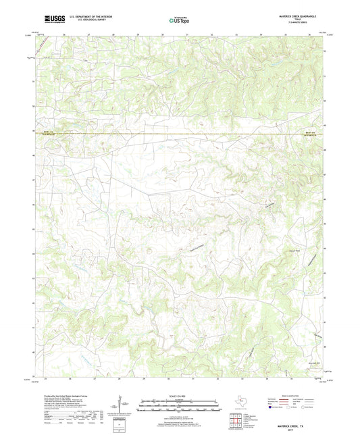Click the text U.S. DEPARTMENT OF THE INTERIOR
click(94, 15)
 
